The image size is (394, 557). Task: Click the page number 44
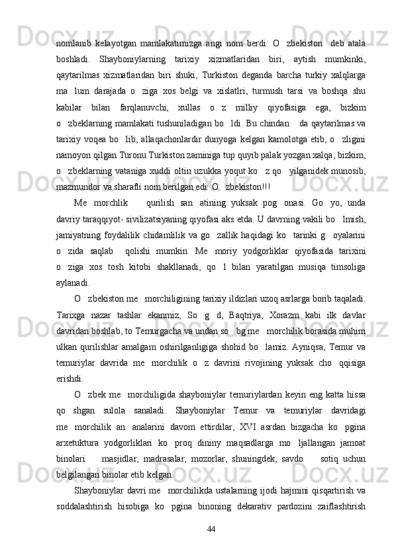(x=212, y=529)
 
